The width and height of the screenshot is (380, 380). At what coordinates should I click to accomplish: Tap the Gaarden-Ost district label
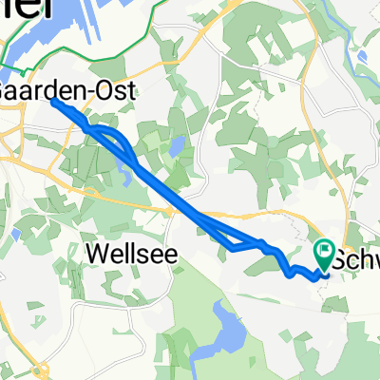(x=66, y=91)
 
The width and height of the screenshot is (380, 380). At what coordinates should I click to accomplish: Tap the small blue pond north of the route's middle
(x=177, y=146)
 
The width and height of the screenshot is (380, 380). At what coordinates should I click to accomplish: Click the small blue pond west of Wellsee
(x=16, y=234)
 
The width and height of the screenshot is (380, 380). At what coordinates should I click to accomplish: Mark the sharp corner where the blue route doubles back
(x=232, y=251)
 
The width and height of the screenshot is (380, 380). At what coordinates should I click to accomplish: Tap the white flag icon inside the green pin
(x=325, y=253)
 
